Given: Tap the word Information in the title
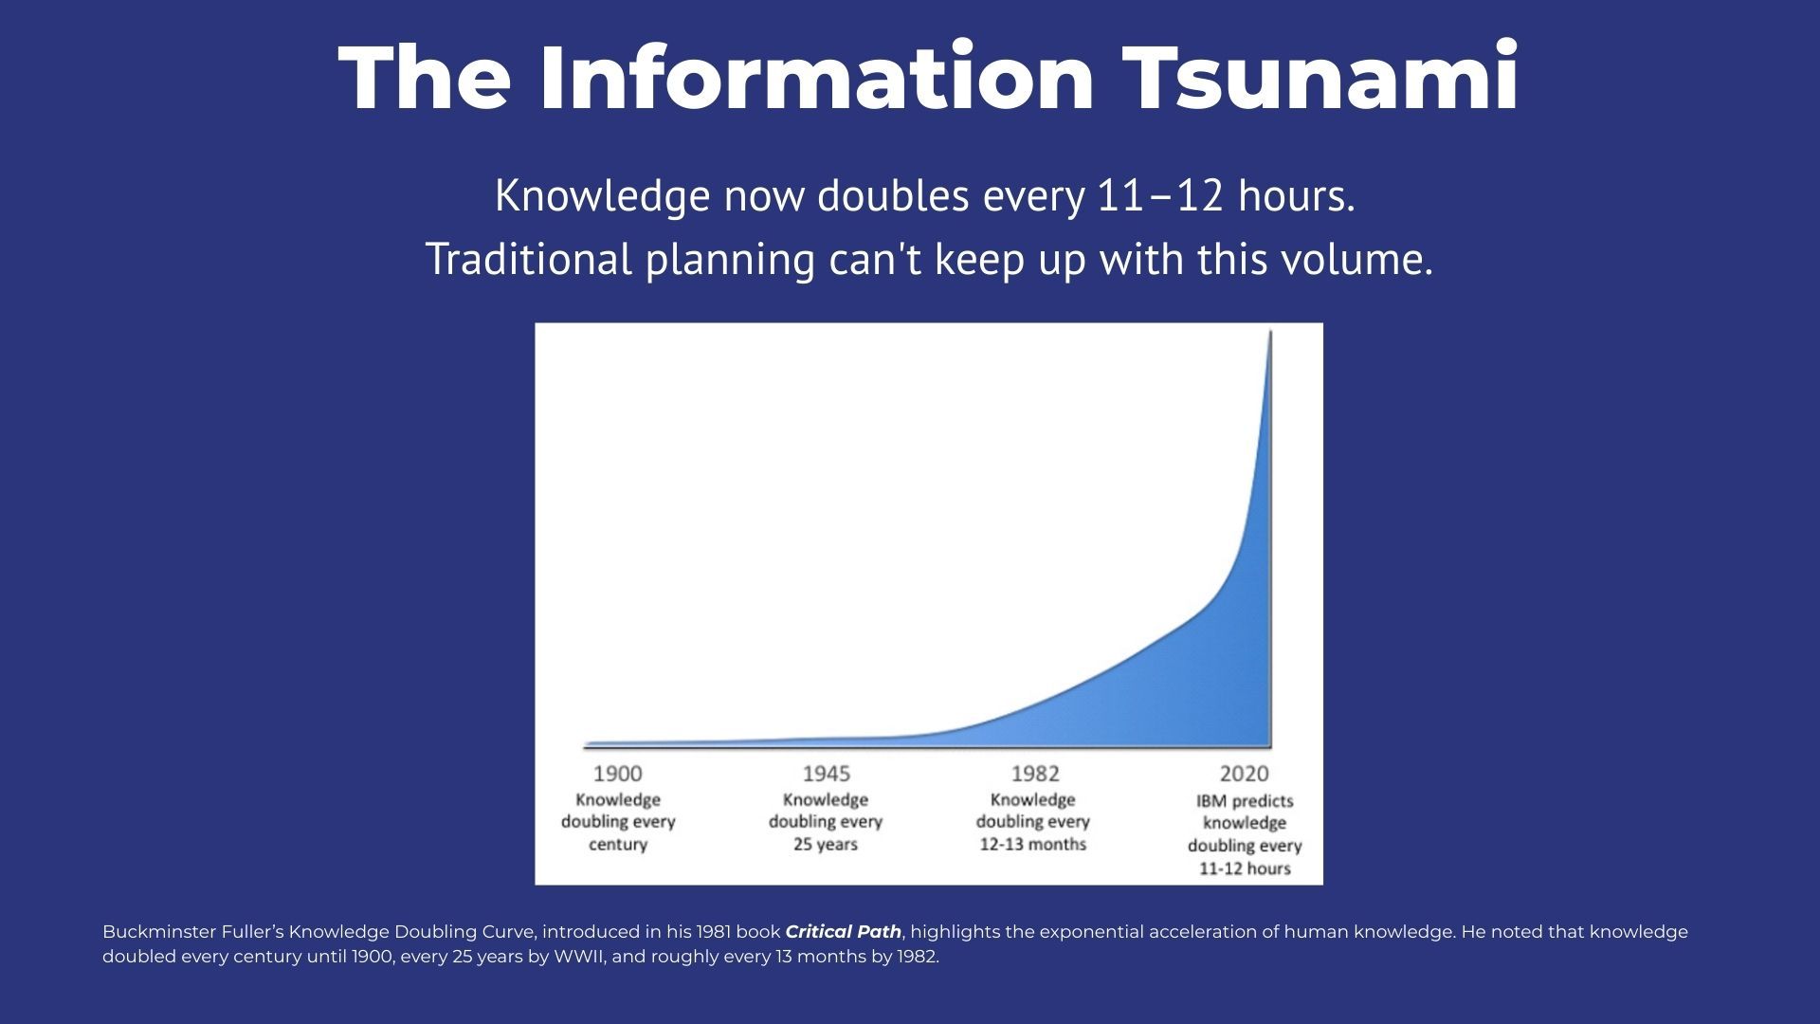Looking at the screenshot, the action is (x=817, y=77).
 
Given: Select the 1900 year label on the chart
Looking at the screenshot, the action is (x=618, y=774).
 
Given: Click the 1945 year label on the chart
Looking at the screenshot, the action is (x=827, y=774).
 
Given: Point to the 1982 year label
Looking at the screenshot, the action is (x=1035, y=774).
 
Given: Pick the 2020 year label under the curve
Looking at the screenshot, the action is (x=1245, y=774).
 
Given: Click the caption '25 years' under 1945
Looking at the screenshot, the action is (x=826, y=844).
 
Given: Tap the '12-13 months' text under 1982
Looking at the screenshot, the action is (x=1033, y=844).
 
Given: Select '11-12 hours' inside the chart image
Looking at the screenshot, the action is (x=1245, y=869).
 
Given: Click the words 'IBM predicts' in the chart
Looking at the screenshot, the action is (x=1245, y=801).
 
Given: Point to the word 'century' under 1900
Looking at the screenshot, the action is (x=618, y=844).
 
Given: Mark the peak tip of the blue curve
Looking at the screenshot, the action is (x=1270, y=331).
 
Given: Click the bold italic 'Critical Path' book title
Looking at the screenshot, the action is (x=844, y=932).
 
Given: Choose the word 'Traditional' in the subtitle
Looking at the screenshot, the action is (x=528, y=259).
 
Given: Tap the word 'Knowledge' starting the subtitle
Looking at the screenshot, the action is (x=602, y=196).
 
